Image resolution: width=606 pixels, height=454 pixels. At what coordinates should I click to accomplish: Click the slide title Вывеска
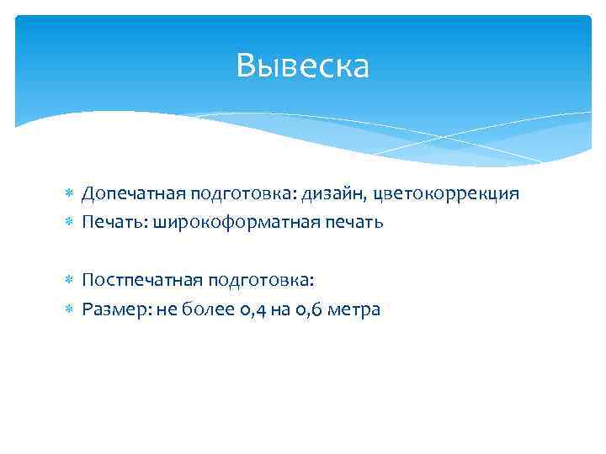click(302, 66)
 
